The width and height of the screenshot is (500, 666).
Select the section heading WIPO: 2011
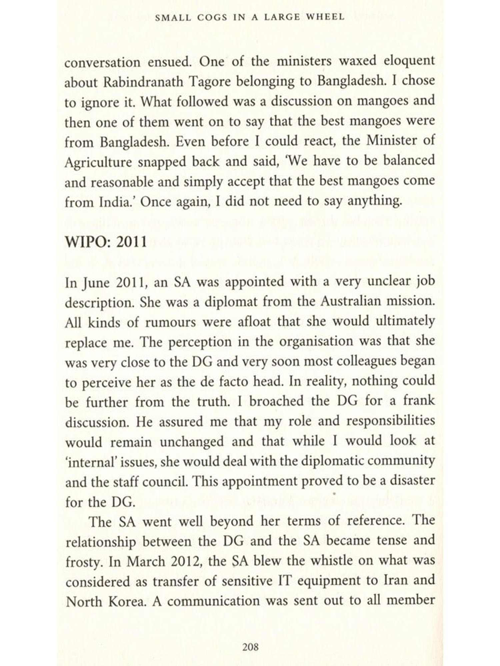coord(106,241)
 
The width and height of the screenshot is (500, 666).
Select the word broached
coord(276,401)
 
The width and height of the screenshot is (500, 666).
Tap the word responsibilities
coord(391,421)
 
